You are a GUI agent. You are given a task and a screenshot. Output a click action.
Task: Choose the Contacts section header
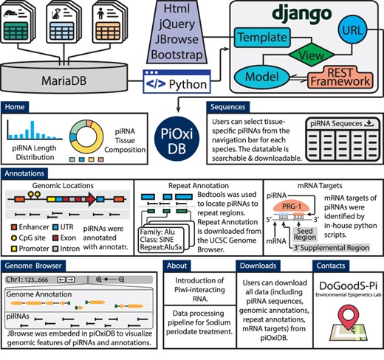pos(332,266)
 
